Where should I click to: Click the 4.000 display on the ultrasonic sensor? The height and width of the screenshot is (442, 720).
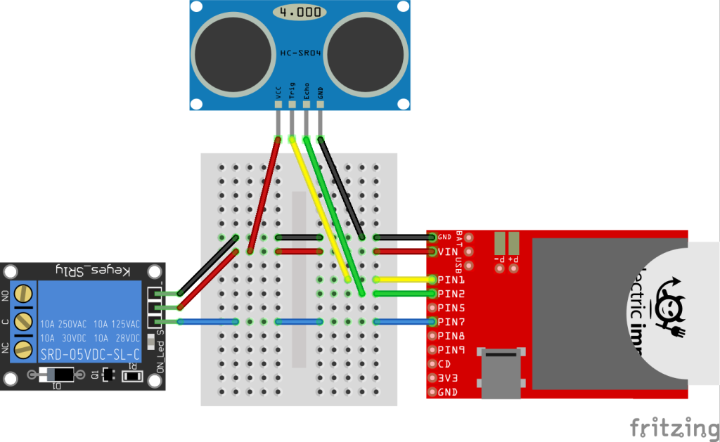click(300, 13)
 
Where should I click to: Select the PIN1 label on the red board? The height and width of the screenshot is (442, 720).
click(451, 280)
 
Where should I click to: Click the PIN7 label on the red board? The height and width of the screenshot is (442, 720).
click(451, 322)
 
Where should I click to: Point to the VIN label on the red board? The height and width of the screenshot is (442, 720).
click(448, 252)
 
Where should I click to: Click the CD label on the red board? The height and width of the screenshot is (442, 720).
click(444, 364)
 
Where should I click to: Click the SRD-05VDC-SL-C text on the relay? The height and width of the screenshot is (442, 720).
click(90, 353)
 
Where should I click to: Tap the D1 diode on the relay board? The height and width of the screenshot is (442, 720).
click(57, 375)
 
